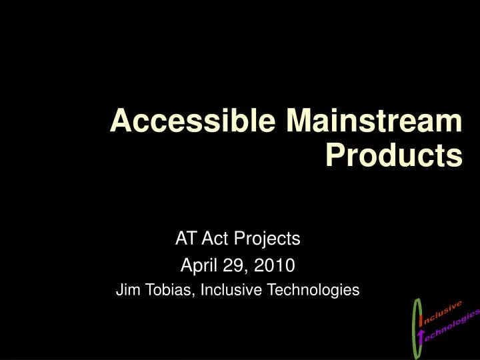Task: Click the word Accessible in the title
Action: [194, 122]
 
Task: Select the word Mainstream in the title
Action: [374, 122]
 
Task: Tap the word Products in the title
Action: [393, 156]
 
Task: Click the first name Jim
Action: [127, 290]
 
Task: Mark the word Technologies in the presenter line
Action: [313, 290]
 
